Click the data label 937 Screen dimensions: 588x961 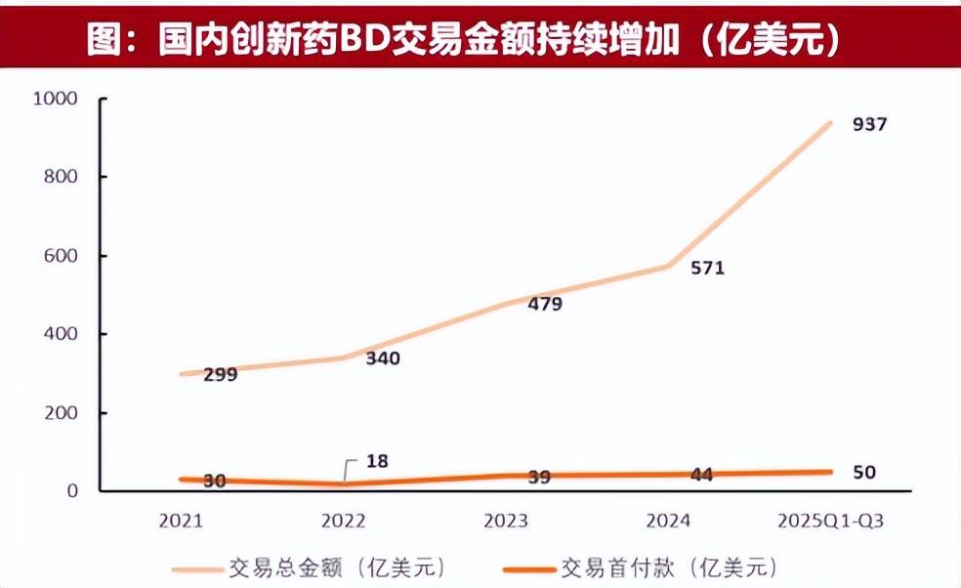pos(868,125)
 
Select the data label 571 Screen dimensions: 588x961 pos(706,268)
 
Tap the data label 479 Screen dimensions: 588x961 pos(544,304)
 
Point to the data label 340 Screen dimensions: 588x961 pos(382,357)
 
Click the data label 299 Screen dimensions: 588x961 pos(221,374)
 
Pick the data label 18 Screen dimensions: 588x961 pos(378,461)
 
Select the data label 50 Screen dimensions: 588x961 pos(863,473)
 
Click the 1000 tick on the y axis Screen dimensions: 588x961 pos(54,99)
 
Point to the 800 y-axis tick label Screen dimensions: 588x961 pos(60,177)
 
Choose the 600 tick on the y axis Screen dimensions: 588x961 pos(60,256)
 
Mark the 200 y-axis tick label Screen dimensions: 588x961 pos(60,413)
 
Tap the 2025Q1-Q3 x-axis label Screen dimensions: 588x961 pos(828,521)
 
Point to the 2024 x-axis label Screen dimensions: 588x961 pos(667,521)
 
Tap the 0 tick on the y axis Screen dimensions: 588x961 pos(71,491)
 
